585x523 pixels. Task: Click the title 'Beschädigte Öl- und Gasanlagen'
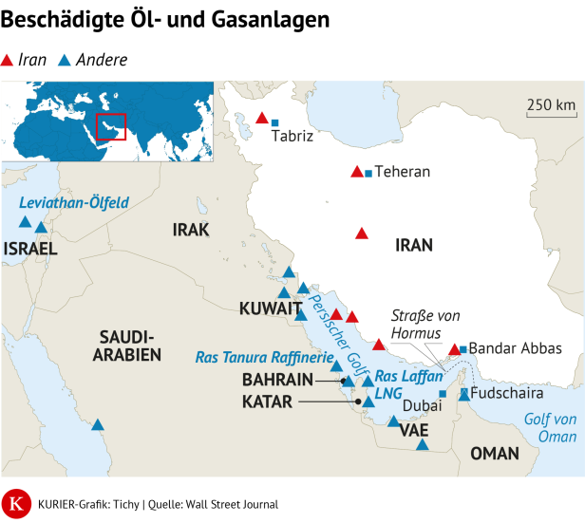tap(167, 20)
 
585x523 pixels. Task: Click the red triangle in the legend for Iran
tap(8, 61)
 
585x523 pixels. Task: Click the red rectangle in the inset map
tap(111, 125)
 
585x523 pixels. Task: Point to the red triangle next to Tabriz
tap(262, 119)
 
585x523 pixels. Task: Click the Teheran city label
tap(403, 172)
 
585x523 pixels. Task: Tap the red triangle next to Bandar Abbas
tap(455, 349)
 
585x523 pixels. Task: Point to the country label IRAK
tap(190, 230)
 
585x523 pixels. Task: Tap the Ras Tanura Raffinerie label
tap(264, 358)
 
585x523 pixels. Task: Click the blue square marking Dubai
tap(443, 394)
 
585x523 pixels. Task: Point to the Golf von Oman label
tap(550, 428)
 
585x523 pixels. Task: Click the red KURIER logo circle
tap(16, 504)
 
